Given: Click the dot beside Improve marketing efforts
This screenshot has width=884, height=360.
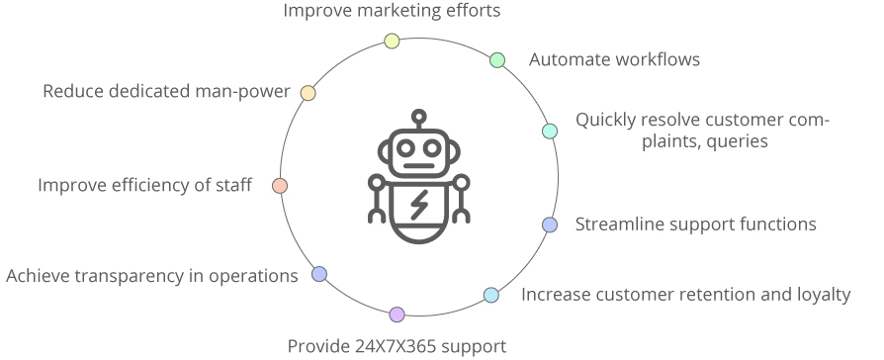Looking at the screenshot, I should tap(392, 41).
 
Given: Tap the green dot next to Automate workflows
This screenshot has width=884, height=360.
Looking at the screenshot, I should tap(497, 60).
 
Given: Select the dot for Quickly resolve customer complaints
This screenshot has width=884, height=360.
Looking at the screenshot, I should tap(550, 131).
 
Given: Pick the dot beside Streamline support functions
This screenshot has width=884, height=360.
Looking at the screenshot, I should tap(550, 225).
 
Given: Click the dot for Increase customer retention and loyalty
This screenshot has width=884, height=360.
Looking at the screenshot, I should tap(491, 295).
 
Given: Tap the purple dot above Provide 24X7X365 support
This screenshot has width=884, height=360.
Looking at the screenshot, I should tap(397, 315).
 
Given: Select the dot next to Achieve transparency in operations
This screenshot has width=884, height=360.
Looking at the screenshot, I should tap(318, 274).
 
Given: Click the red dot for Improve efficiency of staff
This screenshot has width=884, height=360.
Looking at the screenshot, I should tap(280, 185).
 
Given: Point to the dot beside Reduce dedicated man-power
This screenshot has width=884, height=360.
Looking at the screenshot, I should tap(308, 92).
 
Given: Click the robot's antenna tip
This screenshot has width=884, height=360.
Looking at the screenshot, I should tap(419, 116).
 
